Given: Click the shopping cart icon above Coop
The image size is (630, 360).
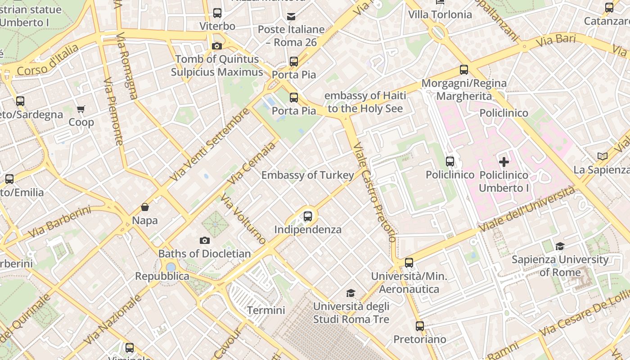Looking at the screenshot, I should tap(81, 109).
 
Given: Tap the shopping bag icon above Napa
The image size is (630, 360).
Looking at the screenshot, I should tap(145, 207).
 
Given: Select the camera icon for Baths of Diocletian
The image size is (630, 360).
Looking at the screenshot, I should tap(205, 240).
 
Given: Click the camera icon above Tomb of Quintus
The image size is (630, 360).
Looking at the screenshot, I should tap(216, 46).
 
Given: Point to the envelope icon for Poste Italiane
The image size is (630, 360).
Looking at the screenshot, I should tap(291, 17).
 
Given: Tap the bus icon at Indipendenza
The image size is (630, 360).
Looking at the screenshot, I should tap(308, 216).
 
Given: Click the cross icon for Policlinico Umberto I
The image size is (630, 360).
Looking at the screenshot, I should tap(504, 162).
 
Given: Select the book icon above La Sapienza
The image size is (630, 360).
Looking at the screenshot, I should tap(602, 156).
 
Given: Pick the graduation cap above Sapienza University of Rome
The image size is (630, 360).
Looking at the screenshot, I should tap(560, 246).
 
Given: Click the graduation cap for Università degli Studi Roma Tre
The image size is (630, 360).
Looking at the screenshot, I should tap(351, 293).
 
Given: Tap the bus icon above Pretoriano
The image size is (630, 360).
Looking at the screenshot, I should tap(419, 326).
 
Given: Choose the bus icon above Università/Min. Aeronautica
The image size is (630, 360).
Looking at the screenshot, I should tap(409, 263).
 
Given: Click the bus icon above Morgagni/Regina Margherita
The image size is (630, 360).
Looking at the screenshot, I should tap(463, 70).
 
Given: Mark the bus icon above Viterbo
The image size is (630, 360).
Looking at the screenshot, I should tap(217, 13).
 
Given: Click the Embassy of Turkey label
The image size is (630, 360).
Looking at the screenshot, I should tap(308, 175).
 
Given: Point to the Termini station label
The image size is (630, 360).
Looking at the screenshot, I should tap(266, 310).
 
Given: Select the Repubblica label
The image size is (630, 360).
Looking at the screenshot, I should tap(162, 276).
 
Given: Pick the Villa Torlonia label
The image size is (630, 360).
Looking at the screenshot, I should tap(440, 14).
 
